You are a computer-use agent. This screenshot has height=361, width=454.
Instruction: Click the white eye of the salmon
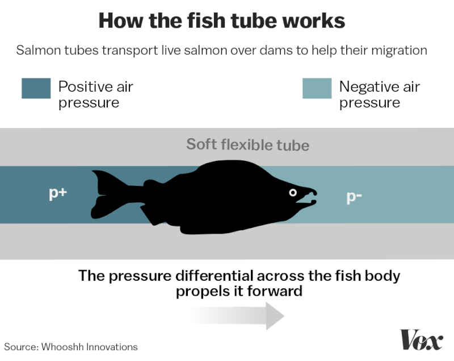point(293,193)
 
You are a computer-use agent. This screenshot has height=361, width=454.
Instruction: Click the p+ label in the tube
point(57,193)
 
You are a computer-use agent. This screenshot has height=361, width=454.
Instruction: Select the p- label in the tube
point(355,197)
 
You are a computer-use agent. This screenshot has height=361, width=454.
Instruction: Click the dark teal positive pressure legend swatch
point(36,88)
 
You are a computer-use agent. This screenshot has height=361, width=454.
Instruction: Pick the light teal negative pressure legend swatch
point(317,88)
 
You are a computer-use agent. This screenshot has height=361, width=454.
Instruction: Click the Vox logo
point(421,340)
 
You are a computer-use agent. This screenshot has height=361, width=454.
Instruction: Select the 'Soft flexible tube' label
point(247,144)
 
